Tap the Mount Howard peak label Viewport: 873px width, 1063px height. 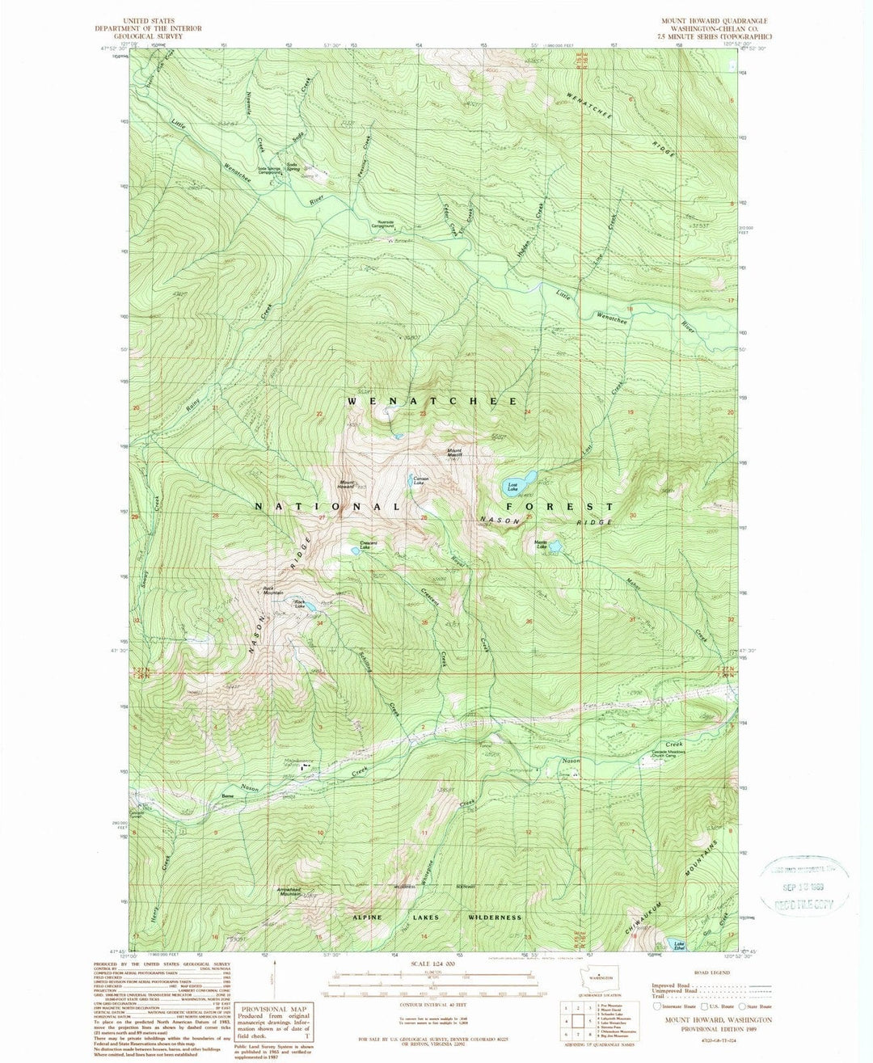tap(346, 485)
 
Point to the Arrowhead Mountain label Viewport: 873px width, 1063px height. tap(289, 891)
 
